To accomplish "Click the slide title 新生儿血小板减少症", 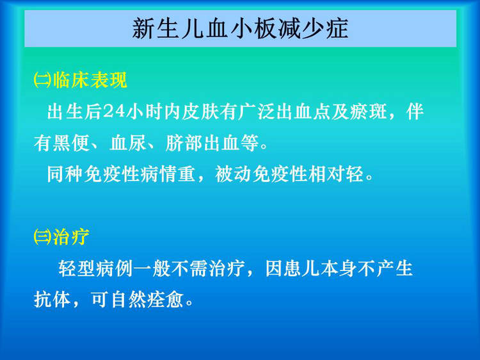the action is pos(240,28).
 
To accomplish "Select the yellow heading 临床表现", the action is pos(90,80).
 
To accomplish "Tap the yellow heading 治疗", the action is pos(71,237).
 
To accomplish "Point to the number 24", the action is pos(114,111).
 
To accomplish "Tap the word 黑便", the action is pos(71,143).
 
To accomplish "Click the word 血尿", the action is pos(127,143).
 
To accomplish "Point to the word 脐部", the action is pos(184,143).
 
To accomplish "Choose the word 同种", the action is pos(65,174).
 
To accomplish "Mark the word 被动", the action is pos(233,174).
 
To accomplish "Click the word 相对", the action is pos(326,174).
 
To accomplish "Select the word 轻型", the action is pos(77,268).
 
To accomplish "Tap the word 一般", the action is pos(152,268).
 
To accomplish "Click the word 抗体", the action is pos(52,299).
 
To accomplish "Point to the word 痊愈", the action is pos(165,299).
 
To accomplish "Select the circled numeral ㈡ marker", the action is pos(43,81).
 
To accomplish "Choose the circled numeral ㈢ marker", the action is pos(43,237).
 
